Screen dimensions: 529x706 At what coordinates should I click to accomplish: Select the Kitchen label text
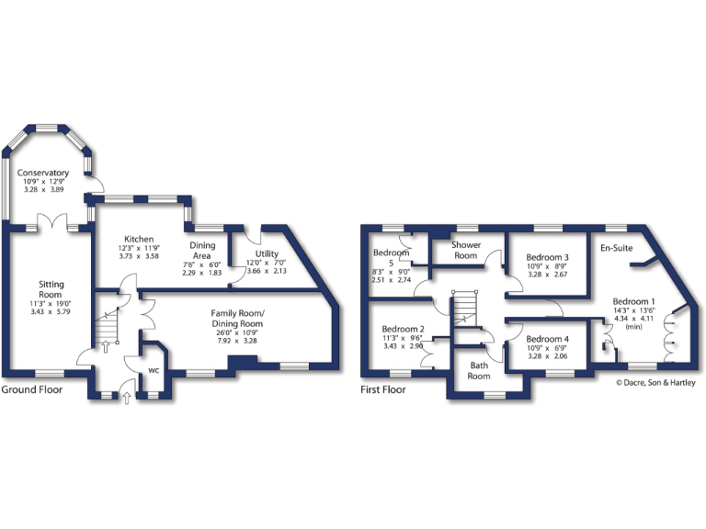(140, 239)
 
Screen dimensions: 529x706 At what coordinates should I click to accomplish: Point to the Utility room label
(268, 253)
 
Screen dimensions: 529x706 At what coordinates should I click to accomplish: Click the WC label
(154, 372)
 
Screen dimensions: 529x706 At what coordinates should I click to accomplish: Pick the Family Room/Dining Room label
(237, 318)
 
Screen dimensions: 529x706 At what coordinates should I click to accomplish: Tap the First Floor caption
(382, 389)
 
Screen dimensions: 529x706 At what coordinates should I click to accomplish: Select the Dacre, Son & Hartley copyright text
(650, 383)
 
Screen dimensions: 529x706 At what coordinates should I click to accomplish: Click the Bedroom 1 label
(634, 302)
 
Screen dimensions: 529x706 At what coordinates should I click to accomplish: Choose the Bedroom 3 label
(547, 258)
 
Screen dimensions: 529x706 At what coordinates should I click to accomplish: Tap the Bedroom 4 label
(547, 339)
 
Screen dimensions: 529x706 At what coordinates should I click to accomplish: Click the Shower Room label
(466, 250)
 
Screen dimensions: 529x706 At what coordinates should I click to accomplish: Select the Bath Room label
(479, 370)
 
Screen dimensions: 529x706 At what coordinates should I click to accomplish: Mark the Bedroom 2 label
(403, 330)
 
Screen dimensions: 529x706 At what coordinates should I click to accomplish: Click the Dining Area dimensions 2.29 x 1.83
(201, 273)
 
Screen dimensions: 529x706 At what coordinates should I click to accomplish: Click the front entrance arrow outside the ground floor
(126, 399)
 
